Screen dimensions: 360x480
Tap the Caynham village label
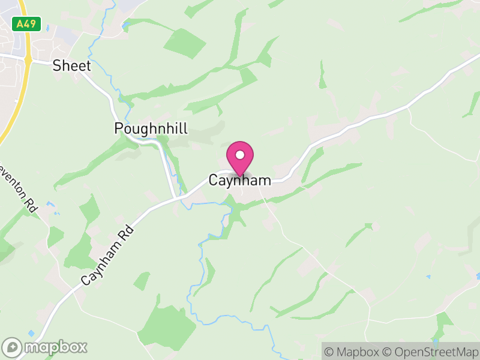click(240, 180)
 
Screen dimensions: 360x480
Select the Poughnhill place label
click(151, 128)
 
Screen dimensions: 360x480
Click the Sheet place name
click(71, 65)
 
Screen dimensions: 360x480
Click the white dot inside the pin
click(240, 155)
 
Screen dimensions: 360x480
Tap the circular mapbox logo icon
click(12, 347)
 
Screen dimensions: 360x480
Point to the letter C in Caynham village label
click(214, 180)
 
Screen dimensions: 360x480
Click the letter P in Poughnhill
click(119, 128)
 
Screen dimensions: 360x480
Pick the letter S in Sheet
click(57, 65)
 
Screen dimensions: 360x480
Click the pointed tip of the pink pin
click(240, 176)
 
